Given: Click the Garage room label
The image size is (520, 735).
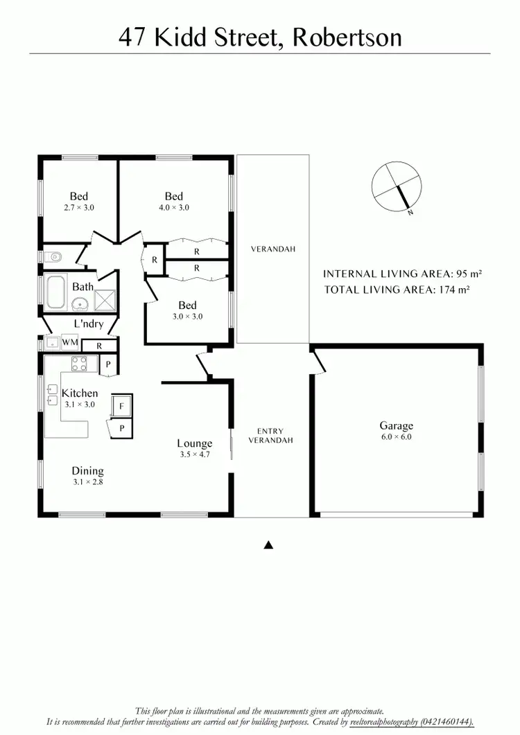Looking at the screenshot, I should click(396, 426).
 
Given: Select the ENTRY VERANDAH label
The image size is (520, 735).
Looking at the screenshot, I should click(270, 435).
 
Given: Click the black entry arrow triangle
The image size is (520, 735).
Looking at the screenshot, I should click(269, 545).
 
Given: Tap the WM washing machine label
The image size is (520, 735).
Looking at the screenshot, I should click(70, 342).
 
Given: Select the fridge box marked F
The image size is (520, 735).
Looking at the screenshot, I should click(121, 406).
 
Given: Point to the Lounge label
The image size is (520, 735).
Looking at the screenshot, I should click(194, 443).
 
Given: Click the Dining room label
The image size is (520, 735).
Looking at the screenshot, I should click(87, 471).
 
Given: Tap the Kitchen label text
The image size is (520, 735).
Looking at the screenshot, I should click(80, 393).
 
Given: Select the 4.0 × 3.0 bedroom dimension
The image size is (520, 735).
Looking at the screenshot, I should click(173, 207).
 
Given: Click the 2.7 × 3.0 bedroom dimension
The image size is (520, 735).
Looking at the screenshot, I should click(78, 207).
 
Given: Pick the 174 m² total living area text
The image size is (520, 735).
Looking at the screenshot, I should click(454, 290).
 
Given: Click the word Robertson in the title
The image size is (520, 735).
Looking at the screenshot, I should click(347, 36).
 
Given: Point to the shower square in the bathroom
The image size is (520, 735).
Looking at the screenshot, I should click(106, 300).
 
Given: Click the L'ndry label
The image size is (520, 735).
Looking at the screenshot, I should click(89, 324).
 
